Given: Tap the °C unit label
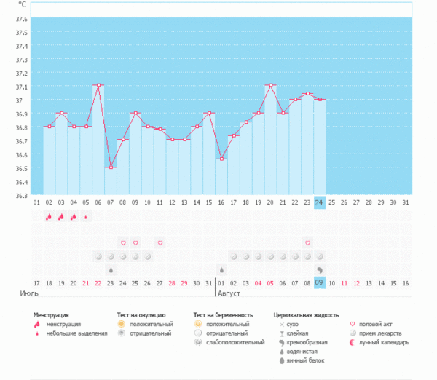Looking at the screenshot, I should click(23, 4).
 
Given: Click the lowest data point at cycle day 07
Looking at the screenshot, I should click(111, 167).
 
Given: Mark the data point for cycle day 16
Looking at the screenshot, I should click(221, 159).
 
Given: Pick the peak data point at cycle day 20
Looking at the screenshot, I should click(271, 85).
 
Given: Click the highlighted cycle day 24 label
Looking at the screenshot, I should click(320, 202).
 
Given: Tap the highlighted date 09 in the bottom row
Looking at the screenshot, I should click(320, 282).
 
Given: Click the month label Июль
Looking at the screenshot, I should click(29, 294).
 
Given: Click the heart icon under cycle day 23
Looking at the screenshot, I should click(307, 242).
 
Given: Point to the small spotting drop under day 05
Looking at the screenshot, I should click(86, 216).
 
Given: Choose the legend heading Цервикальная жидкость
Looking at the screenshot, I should click(306, 315).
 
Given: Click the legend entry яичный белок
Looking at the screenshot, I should click(307, 360).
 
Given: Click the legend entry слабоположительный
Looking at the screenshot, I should click(235, 342).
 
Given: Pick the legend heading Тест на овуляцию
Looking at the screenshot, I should click(146, 315).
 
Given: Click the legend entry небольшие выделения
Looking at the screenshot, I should click(74, 333).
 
